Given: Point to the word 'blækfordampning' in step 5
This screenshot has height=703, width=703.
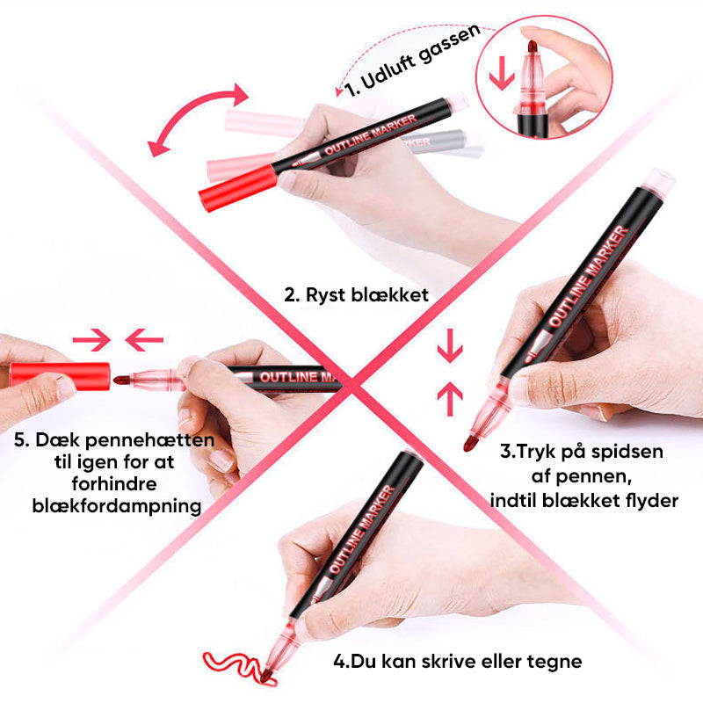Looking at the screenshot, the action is point(117,506).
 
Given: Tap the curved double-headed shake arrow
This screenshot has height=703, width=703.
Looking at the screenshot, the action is point(196,119).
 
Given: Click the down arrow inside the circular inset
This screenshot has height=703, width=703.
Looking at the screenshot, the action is point(501,73).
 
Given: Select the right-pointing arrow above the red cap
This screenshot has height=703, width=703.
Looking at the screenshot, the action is point(92,340).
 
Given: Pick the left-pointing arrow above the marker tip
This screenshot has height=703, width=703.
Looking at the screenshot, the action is point(144,340).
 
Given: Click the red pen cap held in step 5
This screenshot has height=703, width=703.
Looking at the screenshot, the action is point(60,376).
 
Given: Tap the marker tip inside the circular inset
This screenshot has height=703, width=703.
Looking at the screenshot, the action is point(533,47).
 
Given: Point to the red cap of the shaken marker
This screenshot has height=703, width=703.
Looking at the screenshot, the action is point(238,187).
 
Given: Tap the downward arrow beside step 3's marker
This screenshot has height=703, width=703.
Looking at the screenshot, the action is point(450,346).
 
